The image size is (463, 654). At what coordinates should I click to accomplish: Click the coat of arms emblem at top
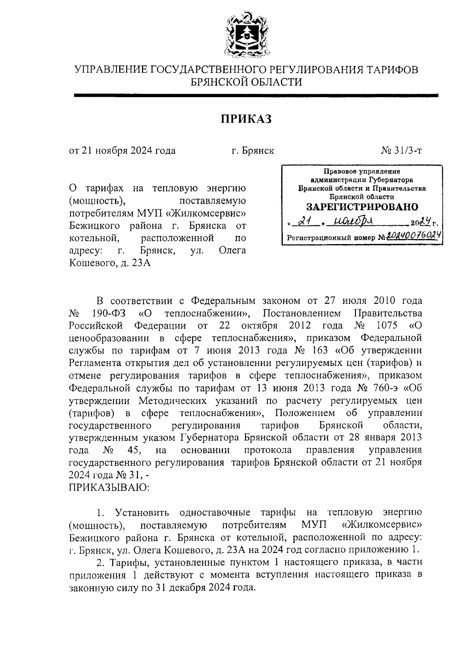click(x=245, y=35)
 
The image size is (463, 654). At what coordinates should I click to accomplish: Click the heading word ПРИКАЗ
click(x=246, y=119)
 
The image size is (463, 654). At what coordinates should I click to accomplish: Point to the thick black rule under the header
click(x=256, y=95)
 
